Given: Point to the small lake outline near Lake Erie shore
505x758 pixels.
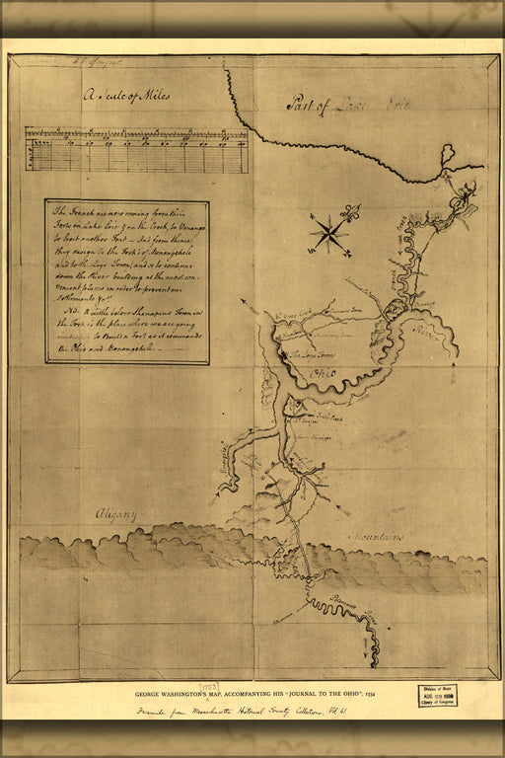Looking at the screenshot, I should tap(447, 154).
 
